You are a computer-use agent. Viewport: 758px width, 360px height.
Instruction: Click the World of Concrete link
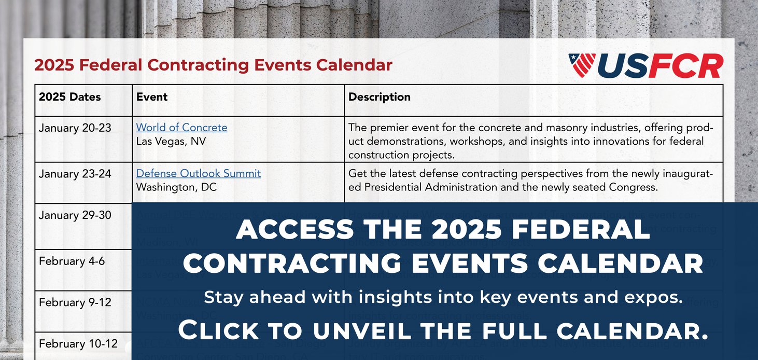(x=181, y=128)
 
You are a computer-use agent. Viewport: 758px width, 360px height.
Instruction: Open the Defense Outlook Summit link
(x=198, y=173)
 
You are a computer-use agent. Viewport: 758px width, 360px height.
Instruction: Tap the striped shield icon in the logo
(x=582, y=65)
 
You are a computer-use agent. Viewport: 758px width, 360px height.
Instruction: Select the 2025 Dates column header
(x=69, y=97)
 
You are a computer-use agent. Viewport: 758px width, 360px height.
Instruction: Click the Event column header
(x=152, y=97)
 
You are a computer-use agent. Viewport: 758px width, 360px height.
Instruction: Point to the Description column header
(x=379, y=97)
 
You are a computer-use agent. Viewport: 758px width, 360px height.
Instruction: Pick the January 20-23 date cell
(x=75, y=128)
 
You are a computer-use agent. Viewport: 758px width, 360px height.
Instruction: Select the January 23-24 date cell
(x=75, y=174)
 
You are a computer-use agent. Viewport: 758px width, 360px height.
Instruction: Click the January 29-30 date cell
(x=75, y=215)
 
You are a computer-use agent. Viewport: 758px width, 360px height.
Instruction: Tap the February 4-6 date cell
(x=72, y=261)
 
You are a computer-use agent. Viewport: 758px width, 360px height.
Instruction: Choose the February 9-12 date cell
(x=75, y=302)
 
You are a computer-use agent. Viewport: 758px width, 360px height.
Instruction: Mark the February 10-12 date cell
(x=78, y=343)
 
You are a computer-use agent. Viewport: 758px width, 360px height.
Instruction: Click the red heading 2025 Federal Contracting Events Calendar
(x=213, y=65)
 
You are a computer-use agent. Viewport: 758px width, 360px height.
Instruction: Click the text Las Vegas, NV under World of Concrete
(x=171, y=141)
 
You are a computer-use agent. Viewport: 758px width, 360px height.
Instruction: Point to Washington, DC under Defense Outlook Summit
(x=176, y=187)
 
